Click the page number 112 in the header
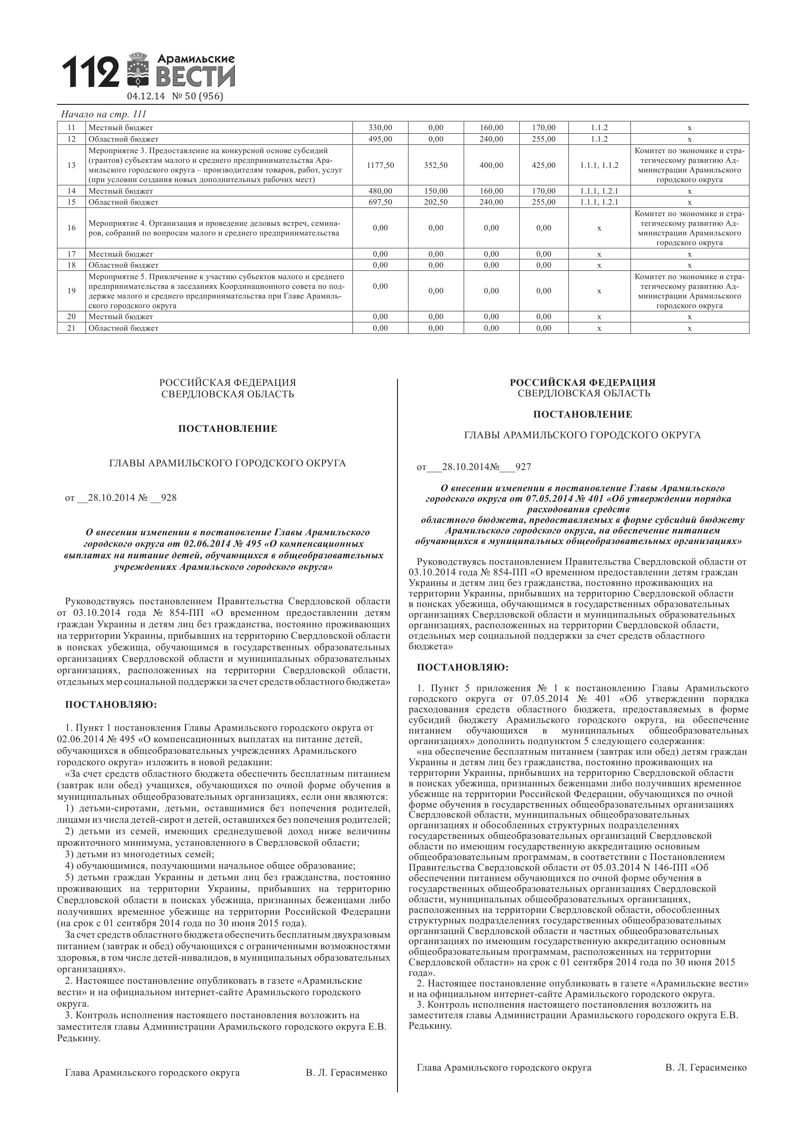[91, 72]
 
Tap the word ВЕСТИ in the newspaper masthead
[196, 77]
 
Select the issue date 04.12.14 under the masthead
[146, 97]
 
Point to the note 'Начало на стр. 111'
[103, 115]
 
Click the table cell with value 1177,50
[380, 165]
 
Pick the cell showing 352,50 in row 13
[436, 165]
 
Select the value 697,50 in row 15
[380, 202]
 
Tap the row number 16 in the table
[72, 228]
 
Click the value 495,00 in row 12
[380, 139]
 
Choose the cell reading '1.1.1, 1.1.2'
[599, 165]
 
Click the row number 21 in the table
[72, 328]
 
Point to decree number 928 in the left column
[169, 498]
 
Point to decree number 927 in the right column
[523, 467]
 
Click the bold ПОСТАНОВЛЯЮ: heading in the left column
[111, 705]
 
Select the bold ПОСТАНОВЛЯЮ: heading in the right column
[462, 667]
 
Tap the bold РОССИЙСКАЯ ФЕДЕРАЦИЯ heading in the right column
[583, 383]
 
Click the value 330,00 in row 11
[380, 128]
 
